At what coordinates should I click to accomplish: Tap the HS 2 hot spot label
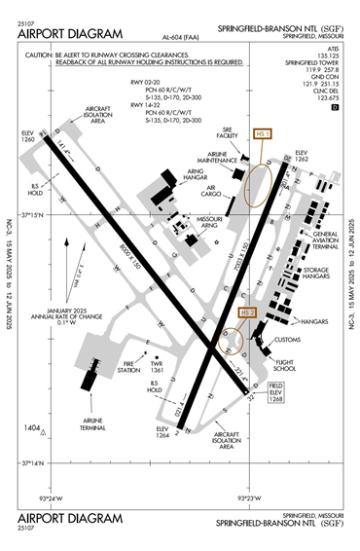[248, 312]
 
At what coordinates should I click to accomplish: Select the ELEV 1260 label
[29, 134]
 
